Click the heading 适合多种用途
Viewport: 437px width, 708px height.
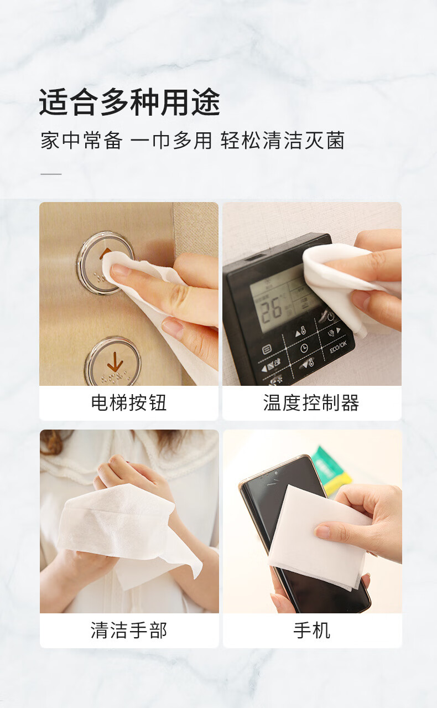point(129,102)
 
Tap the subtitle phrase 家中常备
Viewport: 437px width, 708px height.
point(81,141)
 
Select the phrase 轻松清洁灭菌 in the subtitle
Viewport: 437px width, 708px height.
point(282,141)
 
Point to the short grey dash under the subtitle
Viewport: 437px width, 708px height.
point(51,174)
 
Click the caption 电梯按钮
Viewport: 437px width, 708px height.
point(129,402)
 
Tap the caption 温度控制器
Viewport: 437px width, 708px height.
point(311,402)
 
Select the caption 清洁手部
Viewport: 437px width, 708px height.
point(129,630)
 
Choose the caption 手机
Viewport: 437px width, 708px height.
point(311,630)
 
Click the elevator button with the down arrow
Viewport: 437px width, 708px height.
point(113,362)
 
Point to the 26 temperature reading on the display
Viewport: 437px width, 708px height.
point(270,308)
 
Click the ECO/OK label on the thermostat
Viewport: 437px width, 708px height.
point(338,347)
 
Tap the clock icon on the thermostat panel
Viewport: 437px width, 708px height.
point(304,348)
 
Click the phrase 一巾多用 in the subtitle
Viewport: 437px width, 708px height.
point(171,141)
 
